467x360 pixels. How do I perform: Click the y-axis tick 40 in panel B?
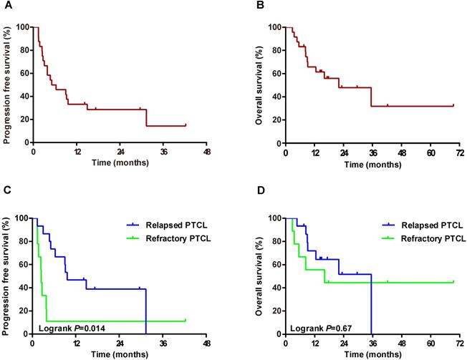[x=276, y=97]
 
